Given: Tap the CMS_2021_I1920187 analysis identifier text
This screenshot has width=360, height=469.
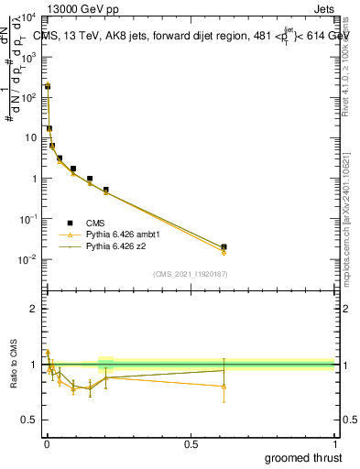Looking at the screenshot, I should click(189, 274).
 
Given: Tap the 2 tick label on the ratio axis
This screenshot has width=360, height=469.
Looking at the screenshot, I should click(34, 309).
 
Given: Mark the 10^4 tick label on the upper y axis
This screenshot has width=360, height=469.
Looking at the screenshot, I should click(27, 17).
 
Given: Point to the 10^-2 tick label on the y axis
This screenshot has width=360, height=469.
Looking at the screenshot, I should click(27, 259).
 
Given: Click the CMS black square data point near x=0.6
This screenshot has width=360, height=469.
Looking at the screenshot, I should click(224, 246).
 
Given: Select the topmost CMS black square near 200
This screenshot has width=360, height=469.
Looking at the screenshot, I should click(48, 85).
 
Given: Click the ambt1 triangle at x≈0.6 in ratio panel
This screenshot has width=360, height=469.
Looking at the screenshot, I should click(224, 386).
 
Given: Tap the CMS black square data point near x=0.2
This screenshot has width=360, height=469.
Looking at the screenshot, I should click(106, 190).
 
